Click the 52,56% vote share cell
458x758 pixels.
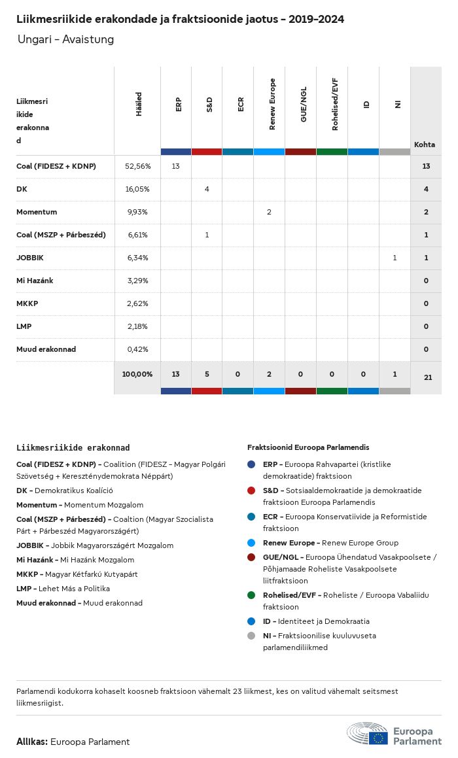tap(137, 166)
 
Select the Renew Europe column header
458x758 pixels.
tap(272, 104)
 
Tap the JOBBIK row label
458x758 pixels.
tap(30, 258)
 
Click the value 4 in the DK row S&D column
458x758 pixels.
tap(207, 189)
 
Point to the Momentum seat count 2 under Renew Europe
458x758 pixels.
tap(269, 212)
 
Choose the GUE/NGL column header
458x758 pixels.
tap(304, 105)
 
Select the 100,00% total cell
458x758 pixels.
tap(137, 374)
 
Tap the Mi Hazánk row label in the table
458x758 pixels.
tap(35, 281)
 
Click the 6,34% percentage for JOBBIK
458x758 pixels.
tap(137, 258)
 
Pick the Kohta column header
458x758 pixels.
tap(425, 145)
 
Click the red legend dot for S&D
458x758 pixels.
tap(252, 491)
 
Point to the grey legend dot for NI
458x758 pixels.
tap(252, 636)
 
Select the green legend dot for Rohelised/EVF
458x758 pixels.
tap(252, 595)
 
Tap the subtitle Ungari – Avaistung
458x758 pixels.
tap(65, 40)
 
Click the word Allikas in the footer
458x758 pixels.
tap(31, 742)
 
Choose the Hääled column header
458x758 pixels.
tap(138, 104)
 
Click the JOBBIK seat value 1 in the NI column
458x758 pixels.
tap(395, 258)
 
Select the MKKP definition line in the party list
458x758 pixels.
tap(77, 574)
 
